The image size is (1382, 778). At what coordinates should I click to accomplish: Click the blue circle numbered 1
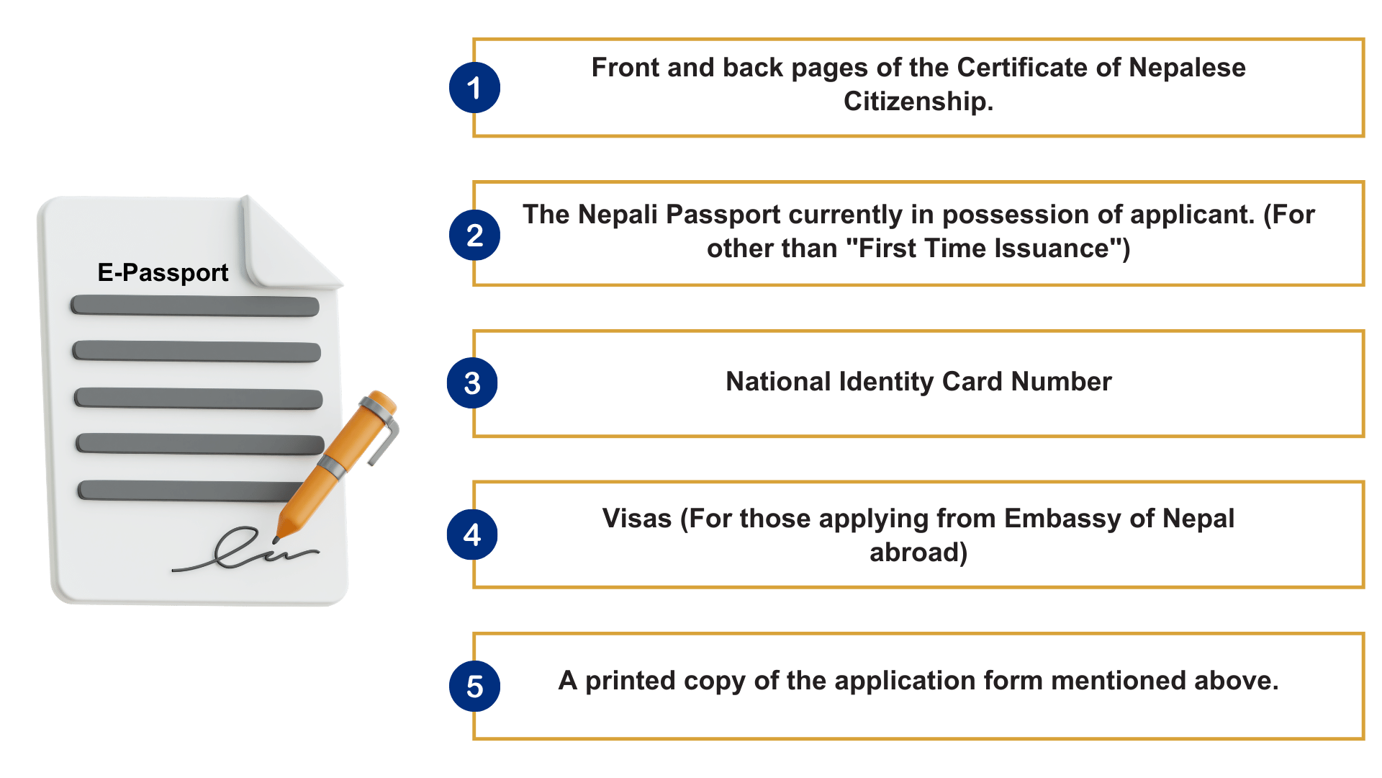[474, 88]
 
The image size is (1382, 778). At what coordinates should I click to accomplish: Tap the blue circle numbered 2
[474, 236]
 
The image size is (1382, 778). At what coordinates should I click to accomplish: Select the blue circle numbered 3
[472, 383]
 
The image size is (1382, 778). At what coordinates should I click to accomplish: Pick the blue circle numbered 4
[472, 535]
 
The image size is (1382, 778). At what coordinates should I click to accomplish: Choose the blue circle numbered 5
[474, 687]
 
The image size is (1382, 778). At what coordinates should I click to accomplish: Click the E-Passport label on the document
[163, 272]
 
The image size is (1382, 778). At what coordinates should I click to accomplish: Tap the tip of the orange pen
[278, 537]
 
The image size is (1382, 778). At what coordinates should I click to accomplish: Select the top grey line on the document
[194, 305]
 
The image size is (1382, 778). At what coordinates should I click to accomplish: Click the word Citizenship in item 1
[918, 102]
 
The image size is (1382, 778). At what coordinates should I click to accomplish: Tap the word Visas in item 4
[636, 519]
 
